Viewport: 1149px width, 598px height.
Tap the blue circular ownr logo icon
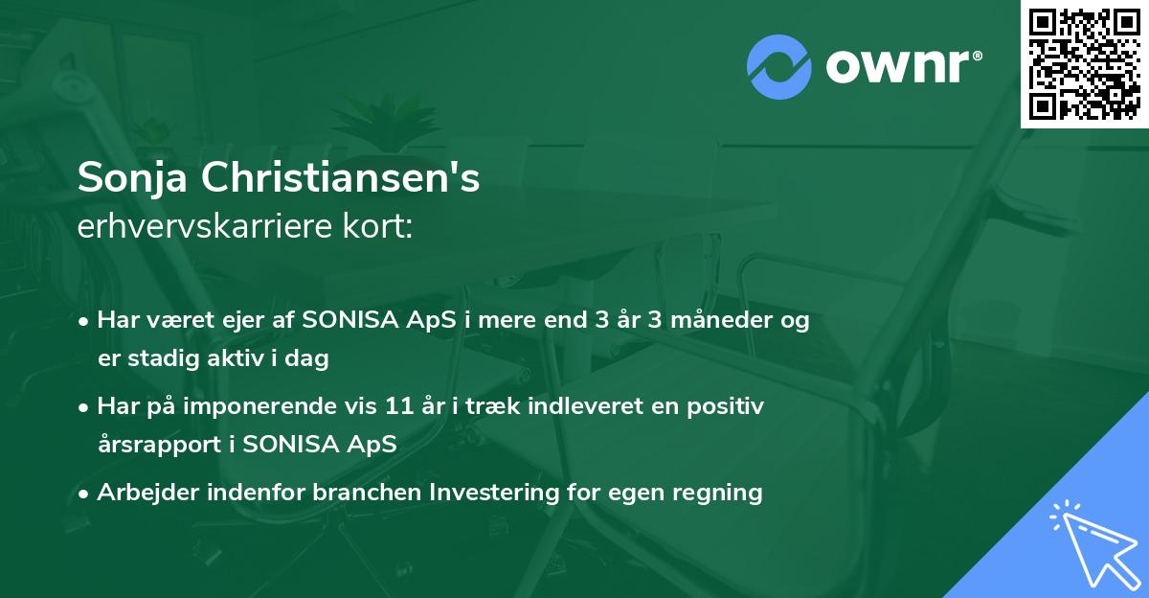click(x=779, y=67)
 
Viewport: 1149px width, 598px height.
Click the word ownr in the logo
click(x=901, y=67)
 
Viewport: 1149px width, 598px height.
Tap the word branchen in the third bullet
click(x=368, y=493)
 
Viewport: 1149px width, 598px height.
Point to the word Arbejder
click(x=142, y=493)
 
